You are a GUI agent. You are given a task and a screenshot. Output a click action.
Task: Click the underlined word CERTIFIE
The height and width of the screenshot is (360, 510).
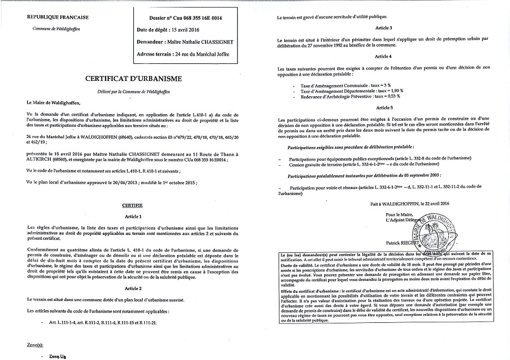[x=132, y=205]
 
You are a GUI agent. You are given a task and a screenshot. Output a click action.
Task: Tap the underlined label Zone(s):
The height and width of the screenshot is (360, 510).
[x=34, y=346]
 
